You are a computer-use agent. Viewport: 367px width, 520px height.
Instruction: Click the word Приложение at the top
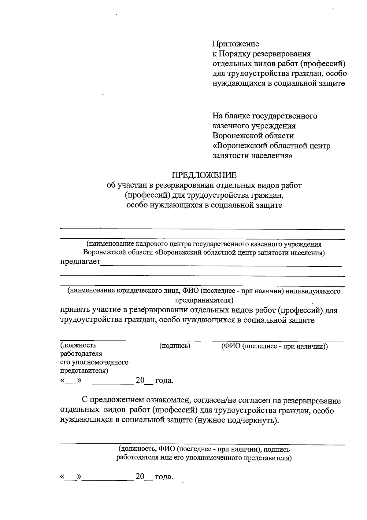236,44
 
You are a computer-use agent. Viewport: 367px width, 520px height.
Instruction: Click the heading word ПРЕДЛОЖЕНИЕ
204,175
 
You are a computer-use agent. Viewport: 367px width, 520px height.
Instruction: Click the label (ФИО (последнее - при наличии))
274,346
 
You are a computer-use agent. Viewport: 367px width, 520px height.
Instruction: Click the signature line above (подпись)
176,340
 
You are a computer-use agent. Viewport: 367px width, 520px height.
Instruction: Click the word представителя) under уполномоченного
84,371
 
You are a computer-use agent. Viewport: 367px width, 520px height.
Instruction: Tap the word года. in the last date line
164,477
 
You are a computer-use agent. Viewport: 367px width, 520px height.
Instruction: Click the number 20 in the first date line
140,380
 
